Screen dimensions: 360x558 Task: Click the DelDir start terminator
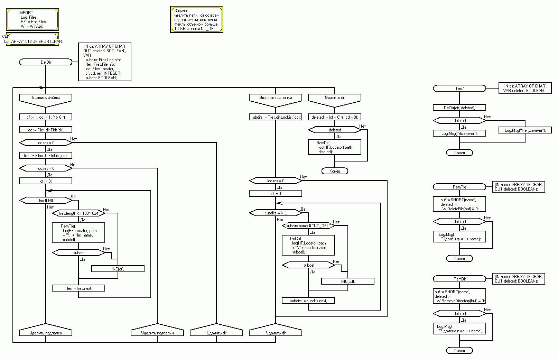[x=46, y=62]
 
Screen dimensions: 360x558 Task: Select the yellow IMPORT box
[x=32, y=19]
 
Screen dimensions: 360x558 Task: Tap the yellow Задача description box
[x=196, y=20]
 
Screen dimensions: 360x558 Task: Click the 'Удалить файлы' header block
[x=46, y=98]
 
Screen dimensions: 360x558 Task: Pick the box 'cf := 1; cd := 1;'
[x=46, y=117]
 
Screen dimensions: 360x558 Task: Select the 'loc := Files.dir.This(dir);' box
[x=46, y=130]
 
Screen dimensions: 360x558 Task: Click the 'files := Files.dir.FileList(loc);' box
[x=46, y=156]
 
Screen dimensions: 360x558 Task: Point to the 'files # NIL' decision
[x=46, y=201]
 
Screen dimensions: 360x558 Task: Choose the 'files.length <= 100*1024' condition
[x=78, y=213]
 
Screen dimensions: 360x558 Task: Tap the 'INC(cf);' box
[x=118, y=269]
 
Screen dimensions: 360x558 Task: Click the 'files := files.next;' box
[x=78, y=288]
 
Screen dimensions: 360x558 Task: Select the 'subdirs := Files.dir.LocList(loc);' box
[x=276, y=117]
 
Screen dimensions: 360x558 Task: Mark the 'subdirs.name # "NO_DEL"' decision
[x=308, y=226]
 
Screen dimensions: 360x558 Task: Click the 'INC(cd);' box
[x=348, y=281]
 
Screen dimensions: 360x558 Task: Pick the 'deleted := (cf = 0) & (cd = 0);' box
[x=335, y=117]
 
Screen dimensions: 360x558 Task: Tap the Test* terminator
[x=459, y=89]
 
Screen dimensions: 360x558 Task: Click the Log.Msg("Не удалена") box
[x=525, y=130]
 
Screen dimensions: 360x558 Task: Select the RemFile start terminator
[x=459, y=187]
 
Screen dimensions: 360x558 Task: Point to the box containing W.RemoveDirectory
[x=459, y=296]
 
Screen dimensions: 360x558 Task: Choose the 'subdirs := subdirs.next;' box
[x=308, y=301]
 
